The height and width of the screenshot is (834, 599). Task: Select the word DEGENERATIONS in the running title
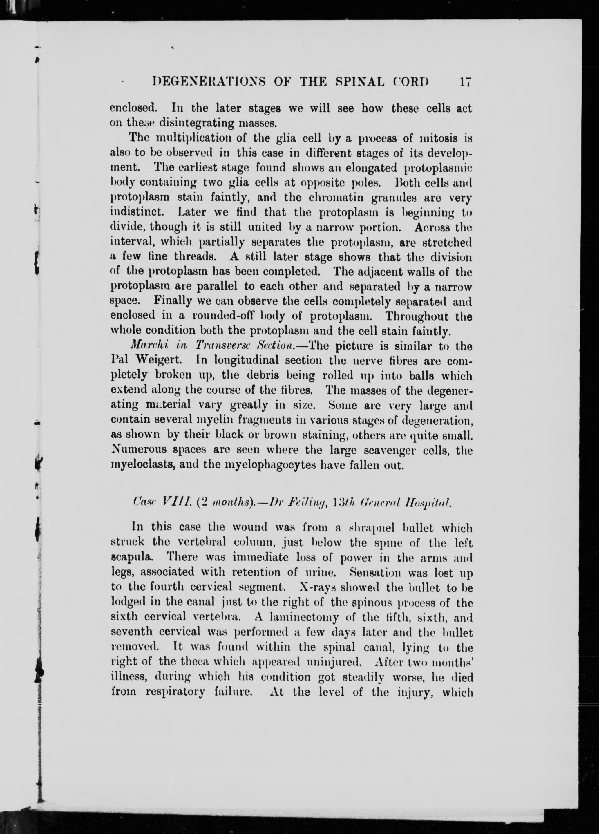pos(204,81)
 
